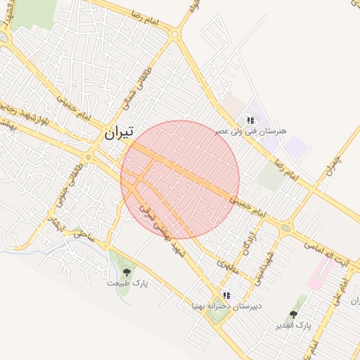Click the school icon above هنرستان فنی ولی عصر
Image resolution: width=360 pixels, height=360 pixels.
250,120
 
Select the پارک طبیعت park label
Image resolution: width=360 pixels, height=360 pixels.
128,283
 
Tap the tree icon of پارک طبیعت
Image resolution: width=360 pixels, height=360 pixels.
127,271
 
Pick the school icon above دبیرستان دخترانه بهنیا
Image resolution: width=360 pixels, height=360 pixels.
226,295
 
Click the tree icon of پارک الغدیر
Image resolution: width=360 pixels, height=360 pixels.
293,314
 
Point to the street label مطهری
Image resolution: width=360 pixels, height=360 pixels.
230,266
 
